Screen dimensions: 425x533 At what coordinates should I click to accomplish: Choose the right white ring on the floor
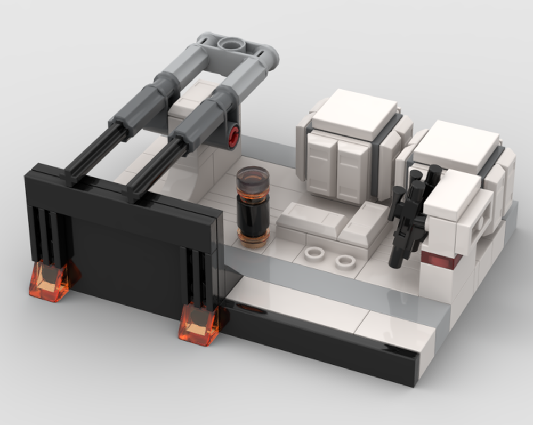click(x=345, y=261)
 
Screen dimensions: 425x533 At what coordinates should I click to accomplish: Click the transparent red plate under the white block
click(x=440, y=260)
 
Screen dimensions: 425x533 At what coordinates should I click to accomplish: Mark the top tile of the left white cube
click(x=354, y=113)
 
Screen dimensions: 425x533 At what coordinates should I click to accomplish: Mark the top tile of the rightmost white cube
click(x=456, y=146)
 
